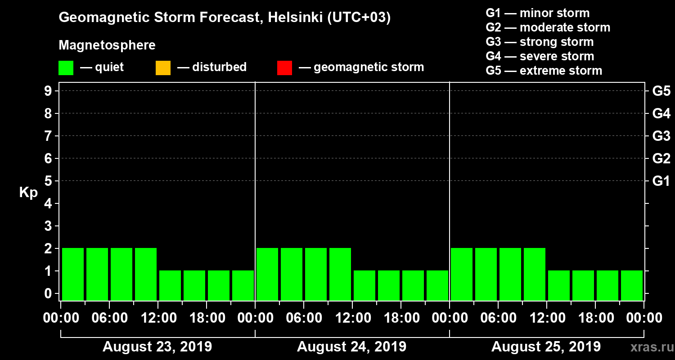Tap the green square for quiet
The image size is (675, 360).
(66, 68)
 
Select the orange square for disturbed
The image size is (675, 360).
(163, 68)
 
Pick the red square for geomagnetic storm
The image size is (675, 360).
(284, 68)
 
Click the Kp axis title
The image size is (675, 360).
(28, 193)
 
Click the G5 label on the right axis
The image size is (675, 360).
(661, 91)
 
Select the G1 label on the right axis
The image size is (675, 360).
(661, 181)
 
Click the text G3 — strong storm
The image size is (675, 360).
(540, 42)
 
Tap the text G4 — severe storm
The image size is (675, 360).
(540, 56)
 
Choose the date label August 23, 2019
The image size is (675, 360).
(157, 347)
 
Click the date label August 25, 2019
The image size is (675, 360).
(546, 347)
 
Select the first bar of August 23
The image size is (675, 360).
(73, 274)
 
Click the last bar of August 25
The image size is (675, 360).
(632, 285)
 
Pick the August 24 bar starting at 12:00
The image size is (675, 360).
(364, 285)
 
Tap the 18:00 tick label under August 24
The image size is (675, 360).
(400, 318)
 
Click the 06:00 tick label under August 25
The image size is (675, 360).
(498, 318)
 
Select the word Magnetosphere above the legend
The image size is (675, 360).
(107, 45)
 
